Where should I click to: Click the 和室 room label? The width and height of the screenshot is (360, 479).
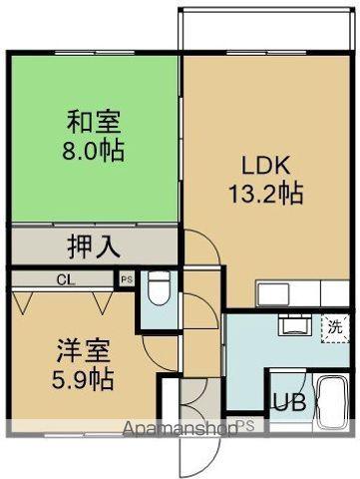pyautogui.click(x=95, y=124)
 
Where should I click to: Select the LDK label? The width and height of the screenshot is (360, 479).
pyautogui.click(x=264, y=163)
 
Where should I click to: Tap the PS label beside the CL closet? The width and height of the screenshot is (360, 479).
pyautogui.click(x=127, y=280)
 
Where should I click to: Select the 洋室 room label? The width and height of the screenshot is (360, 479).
pyautogui.click(x=76, y=352)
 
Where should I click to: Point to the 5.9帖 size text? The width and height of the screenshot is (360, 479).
pyautogui.click(x=76, y=380)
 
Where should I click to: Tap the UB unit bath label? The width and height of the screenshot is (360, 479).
pyautogui.click(x=289, y=405)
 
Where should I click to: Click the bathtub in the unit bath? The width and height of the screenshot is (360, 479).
pyautogui.click(x=328, y=403)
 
